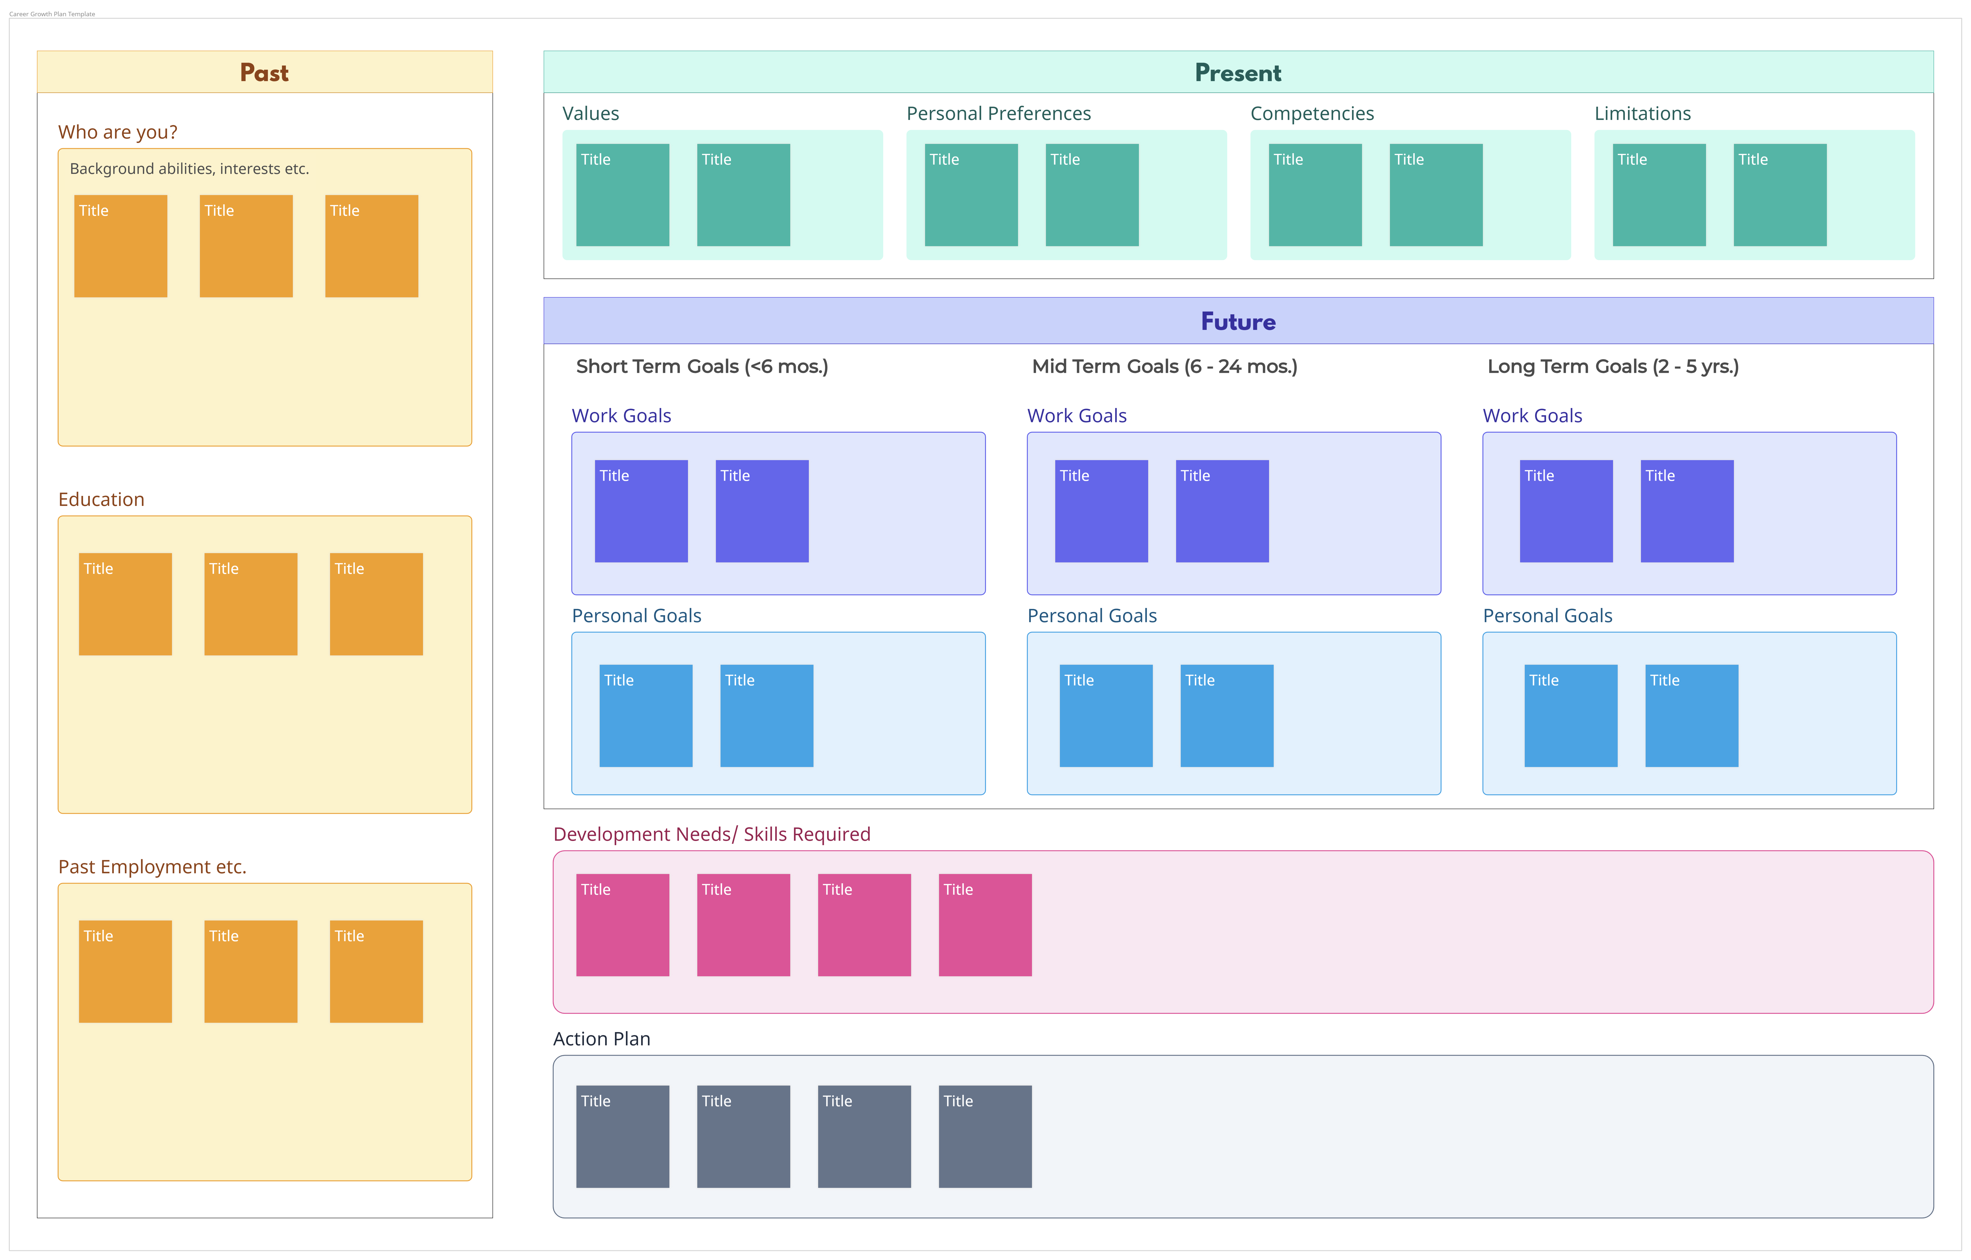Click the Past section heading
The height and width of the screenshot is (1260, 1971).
pyautogui.click(x=264, y=73)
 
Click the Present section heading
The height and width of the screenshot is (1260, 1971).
pyautogui.click(x=1238, y=73)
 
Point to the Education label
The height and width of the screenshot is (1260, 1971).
pyautogui.click(x=102, y=499)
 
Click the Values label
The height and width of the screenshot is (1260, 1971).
pyautogui.click(x=590, y=114)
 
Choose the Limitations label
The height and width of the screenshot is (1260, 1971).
pyautogui.click(x=1642, y=114)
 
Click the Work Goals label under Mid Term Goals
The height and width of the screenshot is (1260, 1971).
pyautogui.click(x=1076, y=416)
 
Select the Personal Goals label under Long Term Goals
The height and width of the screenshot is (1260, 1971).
pyautogui.click(x=1547, y=616)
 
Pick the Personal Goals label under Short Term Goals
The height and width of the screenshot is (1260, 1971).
pyautogui.click(x=636, y=616)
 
